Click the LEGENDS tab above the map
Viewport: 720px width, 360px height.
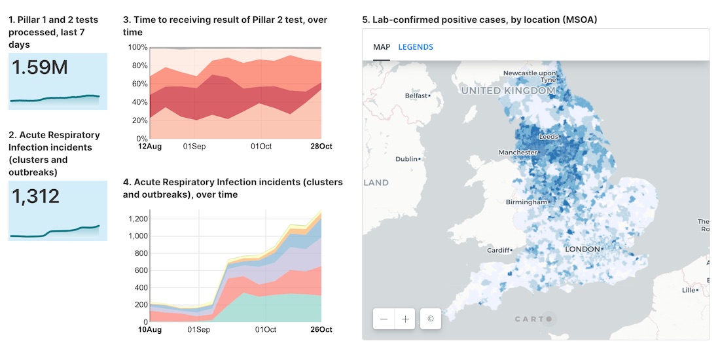[416, 47]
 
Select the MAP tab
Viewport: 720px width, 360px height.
[382, 47]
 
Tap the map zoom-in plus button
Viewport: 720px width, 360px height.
[405, 319]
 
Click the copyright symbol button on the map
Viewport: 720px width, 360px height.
[431, 319]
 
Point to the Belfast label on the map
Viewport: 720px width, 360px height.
[416, 96]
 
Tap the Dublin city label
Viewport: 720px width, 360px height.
[407, 159]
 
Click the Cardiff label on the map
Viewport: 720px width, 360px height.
[498, 250]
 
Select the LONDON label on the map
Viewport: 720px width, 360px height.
[583, 249]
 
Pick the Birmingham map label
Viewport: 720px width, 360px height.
[526, 202]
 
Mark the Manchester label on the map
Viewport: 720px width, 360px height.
[517, 153]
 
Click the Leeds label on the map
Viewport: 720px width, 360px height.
[548, 137]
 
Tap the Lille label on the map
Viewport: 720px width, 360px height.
[689, 289]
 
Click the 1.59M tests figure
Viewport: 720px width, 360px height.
[40, 67]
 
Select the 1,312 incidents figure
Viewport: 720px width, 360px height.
[35, 196]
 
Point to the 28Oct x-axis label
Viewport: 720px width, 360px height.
[321, 146]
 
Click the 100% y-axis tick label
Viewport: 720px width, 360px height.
[137, 48]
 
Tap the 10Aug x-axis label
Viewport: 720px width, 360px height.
[151, 329]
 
